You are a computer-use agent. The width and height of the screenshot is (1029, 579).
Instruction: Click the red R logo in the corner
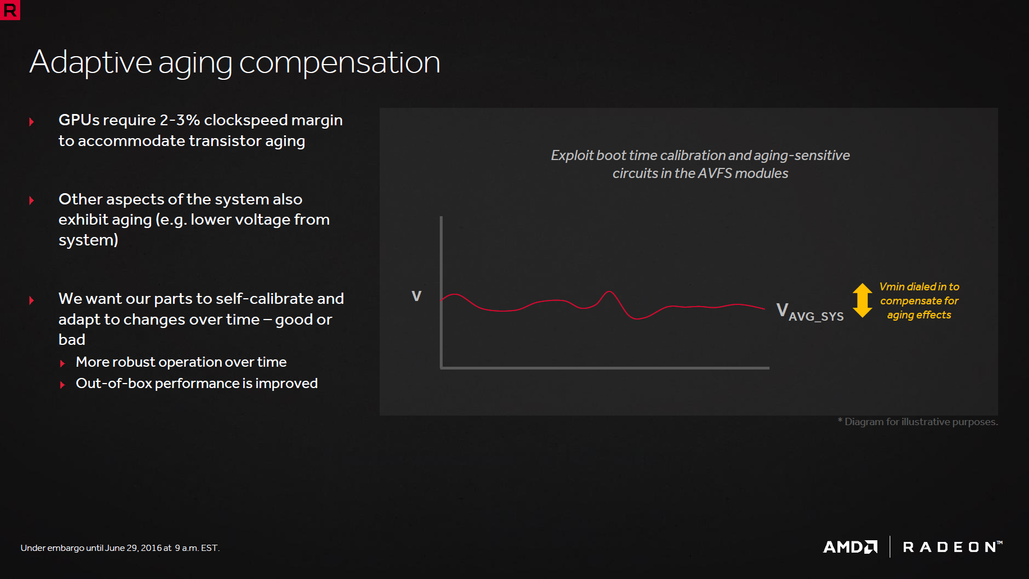[10, 10]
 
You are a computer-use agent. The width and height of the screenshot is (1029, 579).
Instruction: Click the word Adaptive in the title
[90, 62]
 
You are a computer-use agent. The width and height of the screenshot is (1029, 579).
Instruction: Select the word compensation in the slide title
[340, 62]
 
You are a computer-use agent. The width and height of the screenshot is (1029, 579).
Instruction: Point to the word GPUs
[79, 120]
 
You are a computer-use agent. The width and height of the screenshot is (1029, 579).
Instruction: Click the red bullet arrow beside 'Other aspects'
[31, 200]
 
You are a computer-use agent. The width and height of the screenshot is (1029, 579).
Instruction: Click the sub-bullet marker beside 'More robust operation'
[62, 364]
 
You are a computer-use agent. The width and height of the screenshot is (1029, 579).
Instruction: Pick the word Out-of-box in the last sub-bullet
[114, 384]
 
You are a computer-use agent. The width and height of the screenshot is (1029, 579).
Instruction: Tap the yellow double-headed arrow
[862, 300]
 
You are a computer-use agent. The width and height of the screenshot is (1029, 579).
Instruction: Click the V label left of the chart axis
[416, 296]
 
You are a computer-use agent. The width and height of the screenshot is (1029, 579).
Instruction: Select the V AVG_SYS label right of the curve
[810, 312]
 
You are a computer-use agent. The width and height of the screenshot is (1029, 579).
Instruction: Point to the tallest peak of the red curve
[609, 291]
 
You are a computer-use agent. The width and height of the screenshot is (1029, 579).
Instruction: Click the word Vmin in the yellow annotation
[892, 287]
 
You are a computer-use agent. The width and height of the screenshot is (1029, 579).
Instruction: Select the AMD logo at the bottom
[850, 546]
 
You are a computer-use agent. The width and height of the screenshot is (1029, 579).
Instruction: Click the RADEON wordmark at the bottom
[953, 546]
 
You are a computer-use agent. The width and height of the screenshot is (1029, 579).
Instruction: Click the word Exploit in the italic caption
[572, 156]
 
